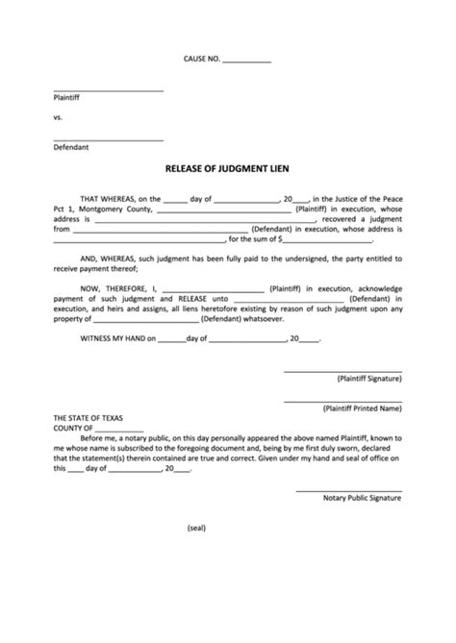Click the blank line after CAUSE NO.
click(x=246, y=62)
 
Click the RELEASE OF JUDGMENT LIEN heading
click(x=227, y=166)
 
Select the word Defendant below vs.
click(x=71, y=147)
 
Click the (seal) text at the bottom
click(x=195, y=528)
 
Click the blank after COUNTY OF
click(x=120, y=432)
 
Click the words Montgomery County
click(x=114, y=209)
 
